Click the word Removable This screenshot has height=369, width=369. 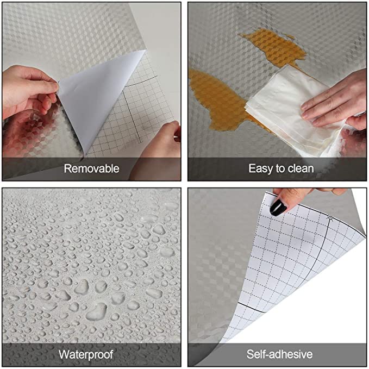coord(91,168)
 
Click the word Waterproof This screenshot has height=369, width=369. coord(86,355)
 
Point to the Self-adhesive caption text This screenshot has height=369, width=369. coord(279,354)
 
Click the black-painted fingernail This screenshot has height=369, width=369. coord(278,208)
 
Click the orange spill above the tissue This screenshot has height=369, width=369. coord(274,47)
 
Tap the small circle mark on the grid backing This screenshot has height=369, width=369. coord(330,217)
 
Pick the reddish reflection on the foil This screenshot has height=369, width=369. coord(26,134)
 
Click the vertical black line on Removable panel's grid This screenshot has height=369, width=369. coord(132,116)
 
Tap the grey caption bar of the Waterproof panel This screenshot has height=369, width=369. coord(91,355)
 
